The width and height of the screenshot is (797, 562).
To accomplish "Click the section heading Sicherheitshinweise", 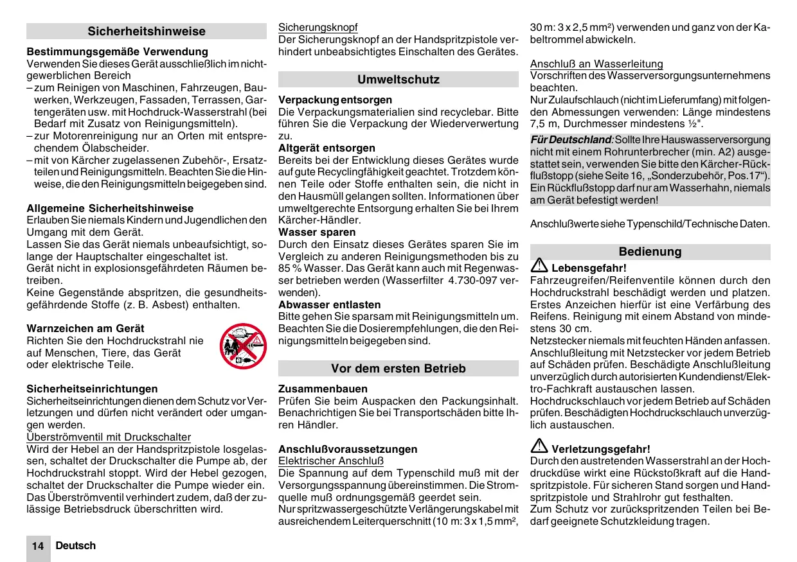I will click(147, 31).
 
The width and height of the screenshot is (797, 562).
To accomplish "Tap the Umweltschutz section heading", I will click(398, 80).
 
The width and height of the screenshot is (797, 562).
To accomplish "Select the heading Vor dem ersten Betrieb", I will click(398, 369).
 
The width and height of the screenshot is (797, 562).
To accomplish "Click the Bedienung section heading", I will click(650, 252).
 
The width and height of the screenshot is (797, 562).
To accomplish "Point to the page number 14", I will click(38, 546).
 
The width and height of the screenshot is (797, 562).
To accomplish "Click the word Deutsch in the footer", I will click(75, 545).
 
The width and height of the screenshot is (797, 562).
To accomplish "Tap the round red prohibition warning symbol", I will click(242, 346).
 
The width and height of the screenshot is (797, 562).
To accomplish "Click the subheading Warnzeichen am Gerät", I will click(85, 328).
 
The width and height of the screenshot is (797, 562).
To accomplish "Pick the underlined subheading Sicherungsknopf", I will click(318, 28).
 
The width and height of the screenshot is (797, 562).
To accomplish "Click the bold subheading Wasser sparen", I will click(317, 232).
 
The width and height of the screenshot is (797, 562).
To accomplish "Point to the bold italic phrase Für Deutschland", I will click(570, 139).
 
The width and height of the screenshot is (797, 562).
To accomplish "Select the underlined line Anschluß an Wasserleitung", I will click(596, 64).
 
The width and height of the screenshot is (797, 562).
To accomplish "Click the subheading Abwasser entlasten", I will click(330, 304).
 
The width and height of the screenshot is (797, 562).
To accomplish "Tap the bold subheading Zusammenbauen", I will click(323, 389).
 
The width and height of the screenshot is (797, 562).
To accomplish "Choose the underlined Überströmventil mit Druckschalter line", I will click(109, 437).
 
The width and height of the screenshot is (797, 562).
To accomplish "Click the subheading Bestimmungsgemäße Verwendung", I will click(118, 51).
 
